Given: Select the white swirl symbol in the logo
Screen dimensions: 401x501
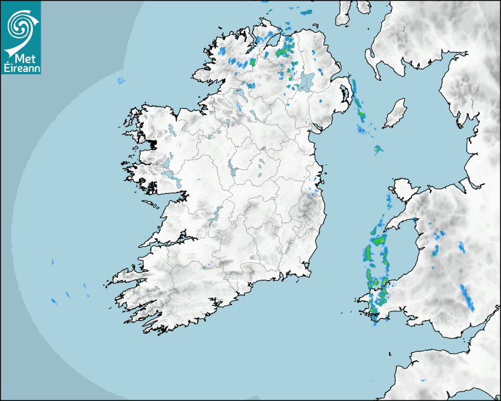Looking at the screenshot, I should tap(19, 25).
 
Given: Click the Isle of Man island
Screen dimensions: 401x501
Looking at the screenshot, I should tap(395, 114).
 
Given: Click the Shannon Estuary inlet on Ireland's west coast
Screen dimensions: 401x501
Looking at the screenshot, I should tap(165, 241).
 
